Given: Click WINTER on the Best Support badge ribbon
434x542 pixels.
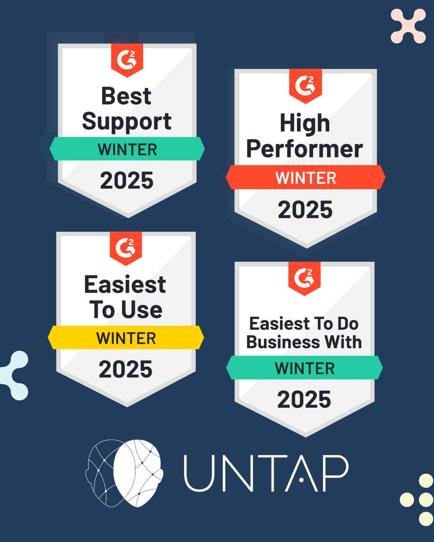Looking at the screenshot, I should (127, 149).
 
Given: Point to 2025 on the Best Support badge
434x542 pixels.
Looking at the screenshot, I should (127, 180).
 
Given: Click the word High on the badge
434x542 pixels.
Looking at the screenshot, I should (305, 123).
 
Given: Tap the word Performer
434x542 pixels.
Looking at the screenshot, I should (305, 149).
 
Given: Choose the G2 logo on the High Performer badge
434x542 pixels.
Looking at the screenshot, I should (305, 84).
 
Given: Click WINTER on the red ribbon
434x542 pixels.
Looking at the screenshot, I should (306, 178).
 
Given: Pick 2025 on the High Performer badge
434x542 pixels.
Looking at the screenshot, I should (305, 210).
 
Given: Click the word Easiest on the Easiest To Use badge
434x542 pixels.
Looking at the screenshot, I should (125, 285).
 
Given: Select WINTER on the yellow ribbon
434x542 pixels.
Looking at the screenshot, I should (126, 338).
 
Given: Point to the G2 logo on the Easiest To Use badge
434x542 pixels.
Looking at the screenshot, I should (126, 247).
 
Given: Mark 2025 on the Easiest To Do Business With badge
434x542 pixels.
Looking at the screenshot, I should (304, 399).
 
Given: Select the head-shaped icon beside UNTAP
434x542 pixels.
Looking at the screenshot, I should (124, 472).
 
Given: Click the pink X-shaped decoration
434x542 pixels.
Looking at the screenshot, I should (408, 26).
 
